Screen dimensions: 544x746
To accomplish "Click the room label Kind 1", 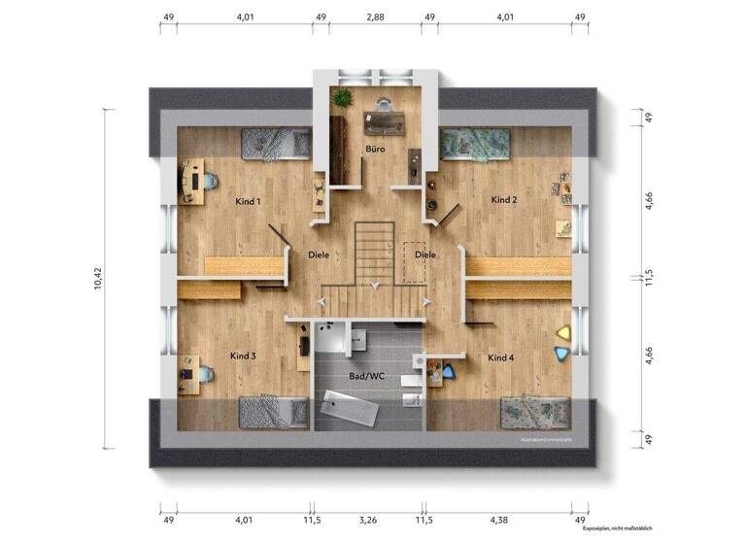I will click(x=248, y=201).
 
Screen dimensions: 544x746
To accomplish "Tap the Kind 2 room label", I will click(x=503, y=199).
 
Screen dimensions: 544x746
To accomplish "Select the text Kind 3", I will click(x=242, y=356).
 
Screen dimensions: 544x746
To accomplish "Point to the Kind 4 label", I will click(x=501, y=358).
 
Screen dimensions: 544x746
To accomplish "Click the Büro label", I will click(x=375, y=150).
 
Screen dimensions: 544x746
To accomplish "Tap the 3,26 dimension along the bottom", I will click(x=368, y=521).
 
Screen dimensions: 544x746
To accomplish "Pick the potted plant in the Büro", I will click(x=341, y=97).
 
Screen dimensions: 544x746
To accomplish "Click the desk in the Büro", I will click(x=384, y=121).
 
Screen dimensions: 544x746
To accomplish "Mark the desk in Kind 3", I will click(x=189, y=374).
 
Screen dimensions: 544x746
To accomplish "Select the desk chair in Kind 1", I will click(x=209, y=180).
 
